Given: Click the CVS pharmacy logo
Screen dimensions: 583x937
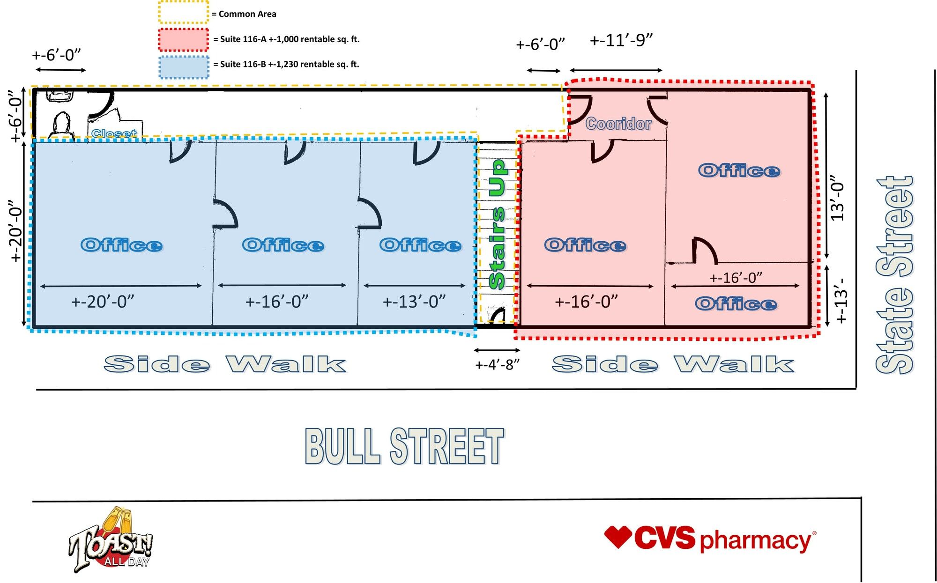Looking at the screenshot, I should [710, 539].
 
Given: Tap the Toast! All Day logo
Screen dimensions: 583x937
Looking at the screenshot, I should [111, 541].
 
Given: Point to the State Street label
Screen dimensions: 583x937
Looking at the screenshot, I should [895, 275].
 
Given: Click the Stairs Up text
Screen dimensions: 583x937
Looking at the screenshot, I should [497, 224].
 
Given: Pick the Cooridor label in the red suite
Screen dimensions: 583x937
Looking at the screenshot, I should [618, 124].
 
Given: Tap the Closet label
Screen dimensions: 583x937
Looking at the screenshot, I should [114, 133].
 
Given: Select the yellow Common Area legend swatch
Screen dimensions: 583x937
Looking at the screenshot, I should [183, 13].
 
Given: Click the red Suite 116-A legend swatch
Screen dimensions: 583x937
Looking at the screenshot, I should [183, 39].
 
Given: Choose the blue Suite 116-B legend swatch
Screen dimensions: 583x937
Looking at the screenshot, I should [183, 67].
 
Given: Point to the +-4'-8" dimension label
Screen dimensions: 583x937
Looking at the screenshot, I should [497, 365].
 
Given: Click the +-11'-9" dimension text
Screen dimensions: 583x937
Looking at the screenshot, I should [621, 40].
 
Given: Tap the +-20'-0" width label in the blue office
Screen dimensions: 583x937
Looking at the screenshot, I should [103, 302].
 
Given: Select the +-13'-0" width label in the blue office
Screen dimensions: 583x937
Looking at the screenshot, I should [414, 302].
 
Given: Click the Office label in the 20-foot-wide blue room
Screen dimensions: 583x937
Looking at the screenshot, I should [121, 245].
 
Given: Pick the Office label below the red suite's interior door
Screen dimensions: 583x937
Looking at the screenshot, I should [736, 304].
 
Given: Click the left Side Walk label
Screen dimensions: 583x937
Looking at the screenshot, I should [225, 364].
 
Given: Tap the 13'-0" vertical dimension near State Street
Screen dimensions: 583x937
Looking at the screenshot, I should [837, 199].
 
